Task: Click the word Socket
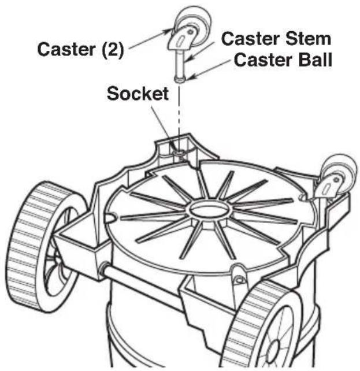(x=138, y=94)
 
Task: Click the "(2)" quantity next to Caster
(x=113, y=50)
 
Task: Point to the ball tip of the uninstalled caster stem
(x=179, y=79)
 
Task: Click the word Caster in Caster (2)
(x=67, y=49)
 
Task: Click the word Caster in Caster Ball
(x=264, y=60)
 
